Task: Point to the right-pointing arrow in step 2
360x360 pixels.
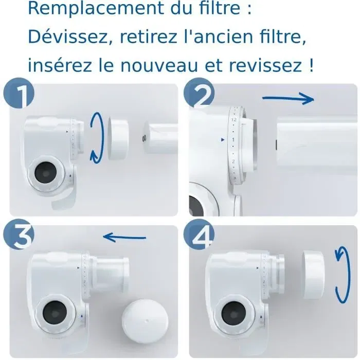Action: [x=288, y=99]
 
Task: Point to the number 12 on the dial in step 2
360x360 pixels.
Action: [x=233, y=119]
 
